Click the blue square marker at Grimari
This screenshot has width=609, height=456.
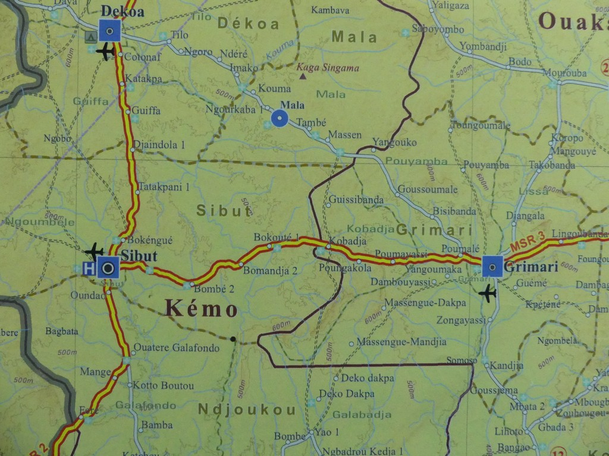[492, 267]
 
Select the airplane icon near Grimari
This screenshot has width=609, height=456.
[488, 293]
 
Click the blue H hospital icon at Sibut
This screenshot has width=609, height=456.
[89, 268]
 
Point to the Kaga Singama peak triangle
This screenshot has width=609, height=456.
[303, 76]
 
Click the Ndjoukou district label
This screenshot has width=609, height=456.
[247, 409]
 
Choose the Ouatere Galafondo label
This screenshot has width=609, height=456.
[176, 348]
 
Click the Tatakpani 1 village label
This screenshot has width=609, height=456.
[164, 187]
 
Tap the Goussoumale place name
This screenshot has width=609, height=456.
[428, 189]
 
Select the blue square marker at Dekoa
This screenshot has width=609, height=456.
[109, 30]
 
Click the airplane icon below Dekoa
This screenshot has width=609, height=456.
[105, 52]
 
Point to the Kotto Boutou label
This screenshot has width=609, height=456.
[163, 385]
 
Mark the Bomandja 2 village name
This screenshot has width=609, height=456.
[270, 270]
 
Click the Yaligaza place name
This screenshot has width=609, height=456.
[451, 5]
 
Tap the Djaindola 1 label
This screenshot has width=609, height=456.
[159, 144]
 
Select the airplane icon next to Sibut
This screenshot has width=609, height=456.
[94, 251]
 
